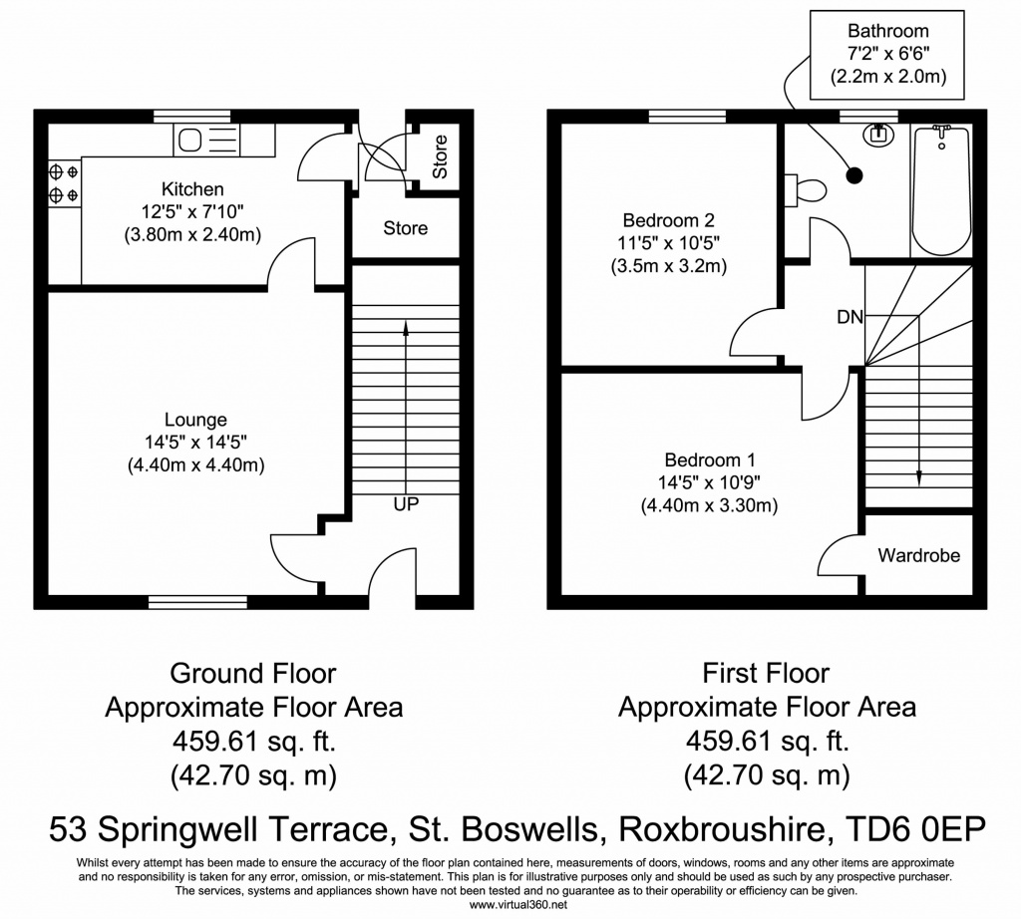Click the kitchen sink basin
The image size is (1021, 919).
click(x=190, y=141)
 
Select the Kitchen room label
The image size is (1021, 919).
click(x=192, y=189)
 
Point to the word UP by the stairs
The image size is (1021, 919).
click(x=405, y=505)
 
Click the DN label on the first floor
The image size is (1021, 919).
click(x=850, y=318)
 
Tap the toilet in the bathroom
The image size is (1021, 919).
click(x=807, y=189)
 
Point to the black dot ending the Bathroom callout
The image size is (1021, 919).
click(x=854, y=176)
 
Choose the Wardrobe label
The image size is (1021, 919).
click(x=918, y=555)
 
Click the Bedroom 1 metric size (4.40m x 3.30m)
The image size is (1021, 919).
click(x=709, y=506)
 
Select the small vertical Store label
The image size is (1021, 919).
click(x=440, y=157)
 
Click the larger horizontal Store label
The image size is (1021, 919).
click(x=405, y=228)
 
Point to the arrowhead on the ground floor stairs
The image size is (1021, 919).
click(x=405, y=325)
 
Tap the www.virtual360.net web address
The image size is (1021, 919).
click(x=510, y=905)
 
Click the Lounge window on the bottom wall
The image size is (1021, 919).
click(x=197, y=602)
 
